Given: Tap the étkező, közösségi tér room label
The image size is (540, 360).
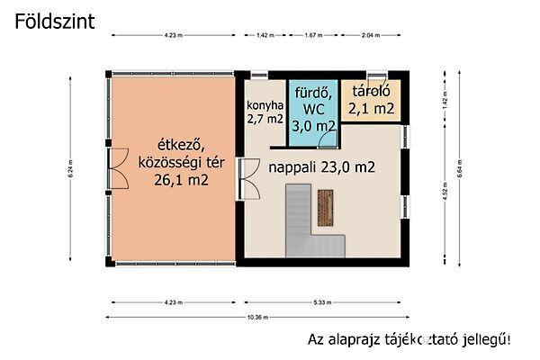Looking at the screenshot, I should [x=170, y=163].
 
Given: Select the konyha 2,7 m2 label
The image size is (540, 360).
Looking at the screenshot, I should [x=264, y=112].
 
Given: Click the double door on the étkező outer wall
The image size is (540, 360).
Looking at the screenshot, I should [x=111, y=163].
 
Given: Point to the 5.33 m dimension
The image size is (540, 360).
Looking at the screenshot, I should [x=321, y=302].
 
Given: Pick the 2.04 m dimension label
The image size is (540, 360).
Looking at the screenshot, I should [x=370, y=35].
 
